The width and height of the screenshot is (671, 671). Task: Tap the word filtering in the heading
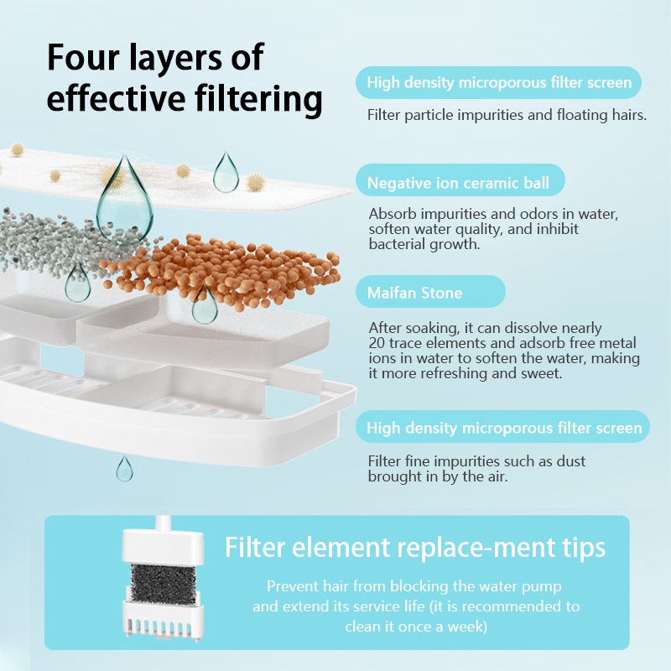coord(259,98)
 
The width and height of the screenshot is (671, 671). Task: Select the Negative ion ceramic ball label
coord(458,183)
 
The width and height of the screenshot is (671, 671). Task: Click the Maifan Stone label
coord(414,293)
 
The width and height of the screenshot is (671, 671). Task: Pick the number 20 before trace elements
coord(377,343)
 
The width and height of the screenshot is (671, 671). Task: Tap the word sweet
coord(541,373)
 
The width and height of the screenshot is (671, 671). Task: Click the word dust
coord(571,461)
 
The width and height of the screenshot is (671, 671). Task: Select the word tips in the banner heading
coord(586,549)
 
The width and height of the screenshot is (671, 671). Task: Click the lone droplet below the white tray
coord(124,469)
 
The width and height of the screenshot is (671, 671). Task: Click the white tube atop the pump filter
coord(163,523)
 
